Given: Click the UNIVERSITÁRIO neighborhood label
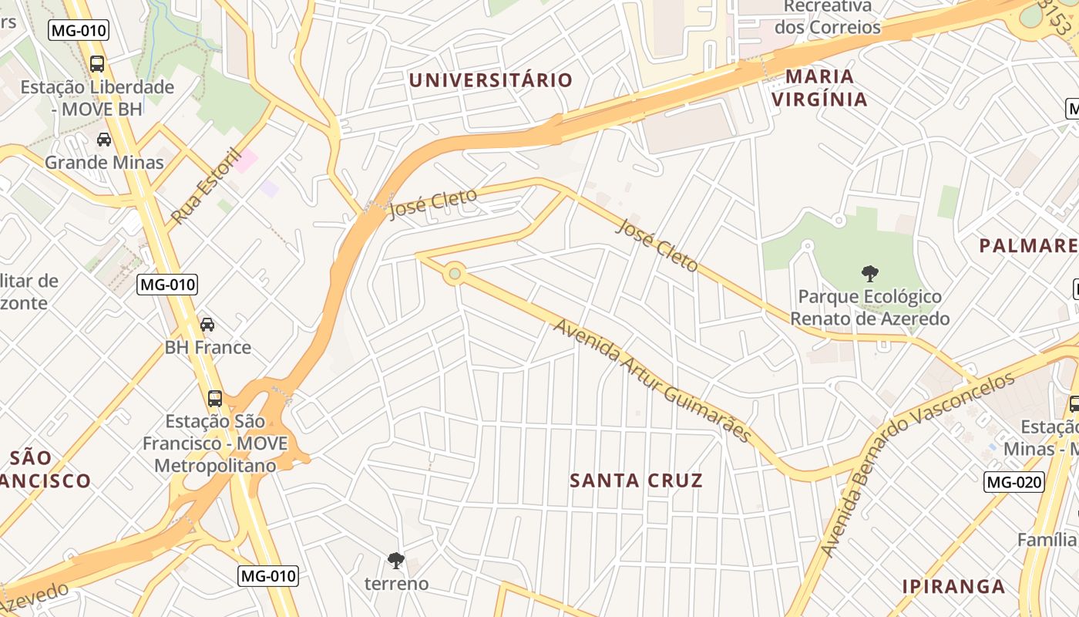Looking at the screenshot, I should [491, 80].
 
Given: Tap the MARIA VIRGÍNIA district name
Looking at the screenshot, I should [819, 88].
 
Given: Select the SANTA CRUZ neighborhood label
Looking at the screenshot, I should [636, 480].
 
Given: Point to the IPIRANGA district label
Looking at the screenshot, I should [953, 586].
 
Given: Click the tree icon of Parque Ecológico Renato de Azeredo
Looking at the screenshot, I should [870, 273].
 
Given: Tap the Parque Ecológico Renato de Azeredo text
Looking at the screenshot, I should [870, 308].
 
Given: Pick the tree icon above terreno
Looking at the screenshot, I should [396, 561].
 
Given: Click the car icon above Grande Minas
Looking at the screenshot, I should [103, 140].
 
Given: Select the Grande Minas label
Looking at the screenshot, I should [104, 162].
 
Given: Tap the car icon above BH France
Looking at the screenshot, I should [207, 325].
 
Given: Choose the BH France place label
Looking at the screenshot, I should [208, 347].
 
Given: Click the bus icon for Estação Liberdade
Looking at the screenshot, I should [97, 64].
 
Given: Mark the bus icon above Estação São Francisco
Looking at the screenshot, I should [215, 399].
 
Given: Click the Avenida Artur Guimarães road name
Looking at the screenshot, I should [652, 381].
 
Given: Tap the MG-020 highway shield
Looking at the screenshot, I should [1014, 483].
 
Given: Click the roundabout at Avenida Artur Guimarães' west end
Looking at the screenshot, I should [455, 274].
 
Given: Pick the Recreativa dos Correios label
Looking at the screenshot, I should [828, 17].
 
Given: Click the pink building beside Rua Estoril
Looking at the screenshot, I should [246, 161].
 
